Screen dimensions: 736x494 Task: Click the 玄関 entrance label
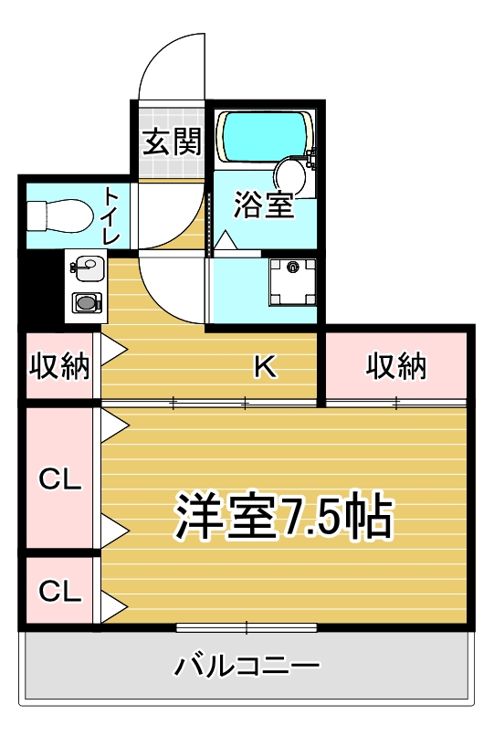[x=172, y=142]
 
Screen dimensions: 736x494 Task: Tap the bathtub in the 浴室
[x=263, y=136]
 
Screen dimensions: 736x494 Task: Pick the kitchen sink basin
[x=87, y=269]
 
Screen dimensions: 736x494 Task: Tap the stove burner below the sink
[x=87, y=301]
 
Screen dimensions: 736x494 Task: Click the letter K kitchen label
[x=264, y=366]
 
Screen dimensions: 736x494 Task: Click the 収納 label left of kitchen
[x=59, y=366]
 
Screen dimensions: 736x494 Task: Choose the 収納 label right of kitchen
[x=397, y=366]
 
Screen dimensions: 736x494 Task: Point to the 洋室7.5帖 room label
[x=284, y=518]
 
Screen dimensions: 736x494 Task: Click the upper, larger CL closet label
[x=59, y=478]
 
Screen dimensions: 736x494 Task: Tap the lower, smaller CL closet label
[x=59, y=591]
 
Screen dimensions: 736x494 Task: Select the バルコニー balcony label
[x=247, y=665]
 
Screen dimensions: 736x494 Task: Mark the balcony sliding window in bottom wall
[x=247, y=627]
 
